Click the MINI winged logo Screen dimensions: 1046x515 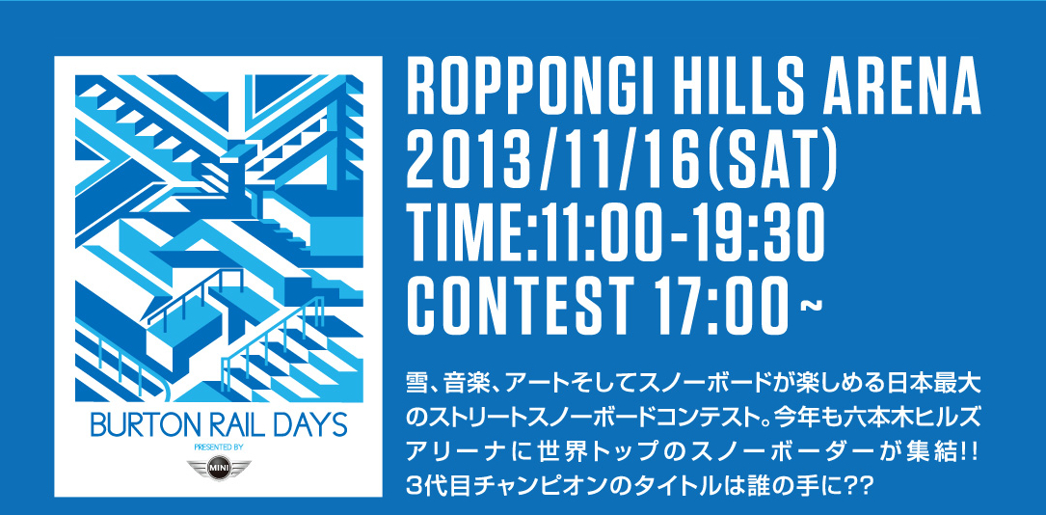pyautogui.click(x=218, y=467)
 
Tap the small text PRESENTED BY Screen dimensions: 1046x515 pyautogui.click(x=218, y=447)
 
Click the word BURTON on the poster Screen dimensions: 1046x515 pyautogui.click(x=140, y=425)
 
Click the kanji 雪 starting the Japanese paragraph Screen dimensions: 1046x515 pyautogui.click(x=417, y=387)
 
